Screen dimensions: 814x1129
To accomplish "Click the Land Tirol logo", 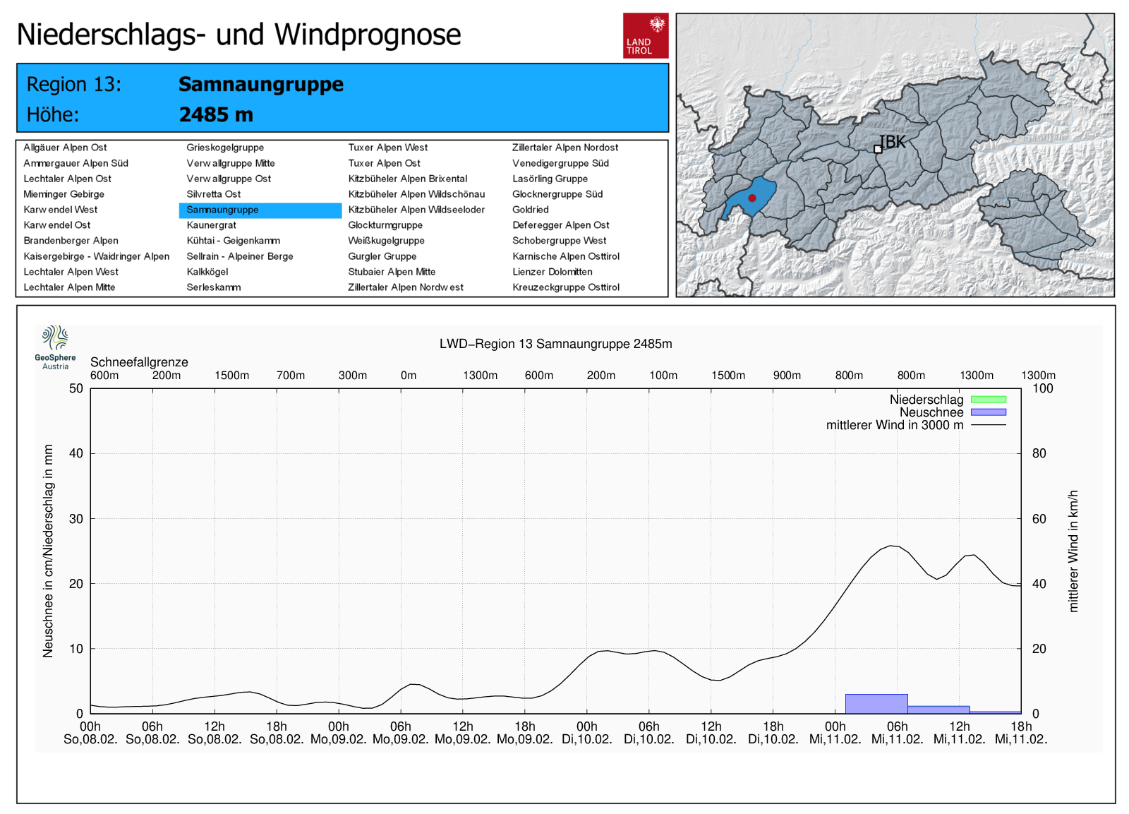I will pyautogui.click(x=645, y=35).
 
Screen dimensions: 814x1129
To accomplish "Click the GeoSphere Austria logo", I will pyautogui.click(x=55, y=347).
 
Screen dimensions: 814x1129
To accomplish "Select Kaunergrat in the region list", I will pyautogui.click(x=211, y=225).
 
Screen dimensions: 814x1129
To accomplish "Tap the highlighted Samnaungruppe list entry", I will pyautogui.click(x=222, y=210).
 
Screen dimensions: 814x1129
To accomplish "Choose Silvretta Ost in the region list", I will pyautogui.click(x=213, y=194).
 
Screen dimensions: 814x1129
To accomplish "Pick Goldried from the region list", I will pyautogui.click(x=530, y=210).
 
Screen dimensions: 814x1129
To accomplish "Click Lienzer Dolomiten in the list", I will pyautogui.click(x=552, y=272).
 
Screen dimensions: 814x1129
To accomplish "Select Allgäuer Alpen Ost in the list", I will pyautogui.click(x=65, y=148).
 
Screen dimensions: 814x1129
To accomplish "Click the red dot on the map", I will pyautogui.click(x=752, y=198).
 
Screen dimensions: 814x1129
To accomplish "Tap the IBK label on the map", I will pyautogui.click(x=893, y=142).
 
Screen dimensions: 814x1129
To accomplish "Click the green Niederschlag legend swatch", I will pyautogui.click(x=988, y=400).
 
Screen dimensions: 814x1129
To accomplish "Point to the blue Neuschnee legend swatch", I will pyautogui.click(x=988, y=412).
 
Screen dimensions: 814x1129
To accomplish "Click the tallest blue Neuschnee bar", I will pyautogui.click(x=876, y=704).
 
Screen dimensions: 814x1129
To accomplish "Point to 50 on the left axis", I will pyautogui.click(x=76, y=388).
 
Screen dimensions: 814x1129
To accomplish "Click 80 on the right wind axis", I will pyautogui.click(x=1039, y=453).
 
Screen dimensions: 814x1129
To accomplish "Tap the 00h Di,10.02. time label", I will pyautogui.click(x=586, y=733).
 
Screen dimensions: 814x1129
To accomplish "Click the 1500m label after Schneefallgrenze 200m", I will pyautogui.click(x=231, y=376).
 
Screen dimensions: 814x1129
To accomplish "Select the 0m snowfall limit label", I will pyautogui.click(x=409, y=376).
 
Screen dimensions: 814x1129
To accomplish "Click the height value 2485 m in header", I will pyautogui.click(x=216, y=114).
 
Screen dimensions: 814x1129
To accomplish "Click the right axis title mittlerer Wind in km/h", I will pyautogui.click(x=1073, y=551).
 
